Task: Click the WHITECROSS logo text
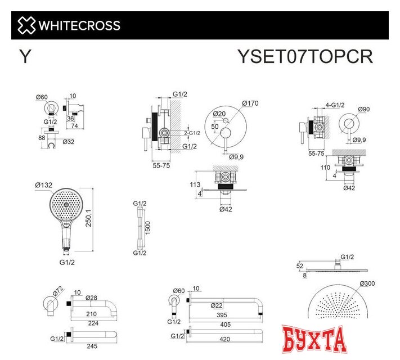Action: (x=79, y=25)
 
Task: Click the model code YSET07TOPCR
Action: (x=305, y=57)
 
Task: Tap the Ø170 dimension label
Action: (x=250, y=103)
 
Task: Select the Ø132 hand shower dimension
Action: (x=44, y=185)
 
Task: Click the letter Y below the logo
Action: (x=25, y=57)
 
